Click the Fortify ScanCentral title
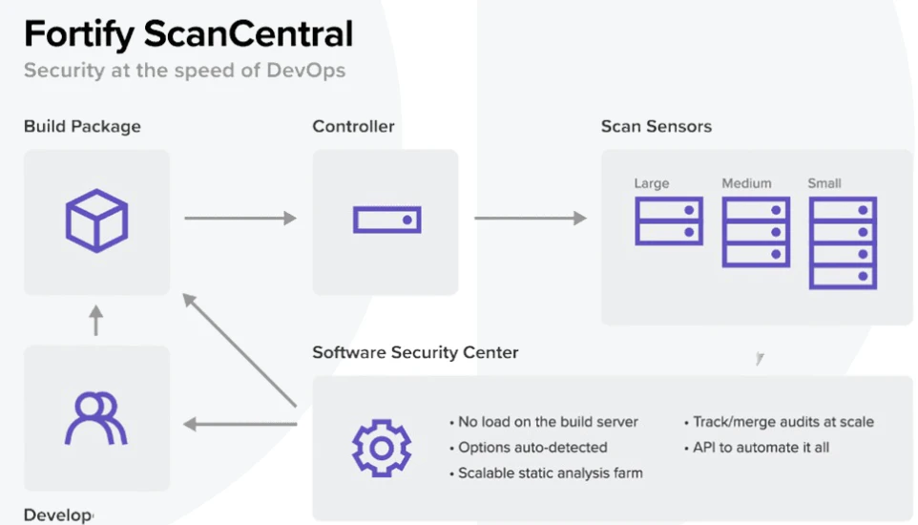click(x=188, y=34)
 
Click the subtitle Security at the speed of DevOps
click(x=184, y=70)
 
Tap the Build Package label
click(x=82, y=126)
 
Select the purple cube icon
click(x=96, y=220)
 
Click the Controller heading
click(x=353, y=126)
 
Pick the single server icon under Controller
click(x=386, y=220)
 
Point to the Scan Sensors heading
click(x=656, y=126)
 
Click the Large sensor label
click(x=652, y=183)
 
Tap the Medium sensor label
click(x=746, y=183)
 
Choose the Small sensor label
click(x=824, y=183)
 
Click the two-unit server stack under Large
click(x=669, y=221)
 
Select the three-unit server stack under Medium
click(x=757, y=232)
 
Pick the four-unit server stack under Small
click(x=843, y=242)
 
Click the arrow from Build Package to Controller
click(x=240, y=219)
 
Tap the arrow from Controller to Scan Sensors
click(x=530, y=219)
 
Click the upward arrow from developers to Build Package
click(x=95, y=321)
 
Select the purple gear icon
click(x=382, y=447)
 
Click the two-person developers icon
click(x=96, y=418)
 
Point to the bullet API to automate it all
click(x=757, y=447)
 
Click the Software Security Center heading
click(x=415, y=352)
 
